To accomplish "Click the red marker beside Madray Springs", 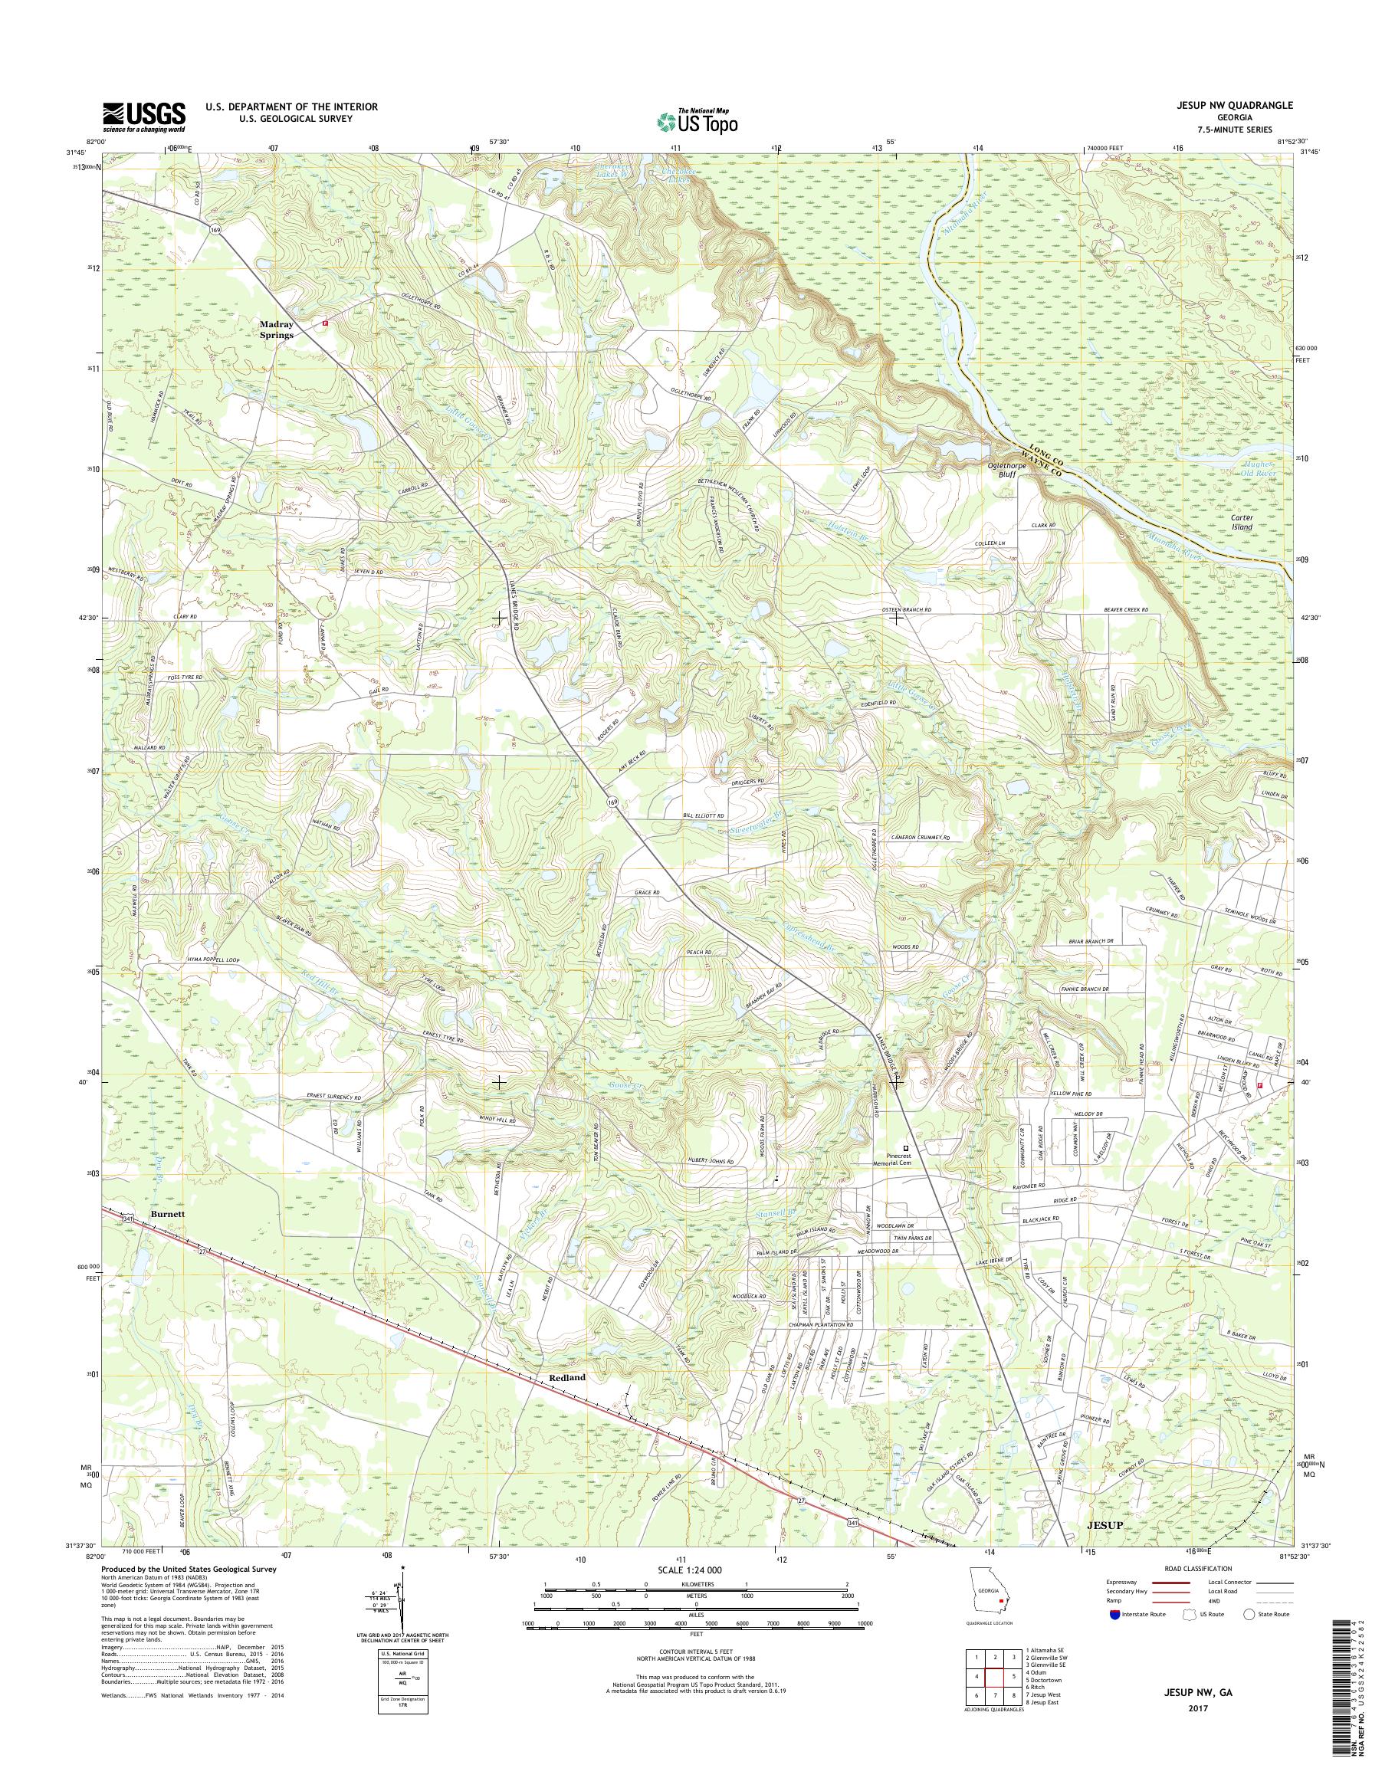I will click(325, 323).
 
